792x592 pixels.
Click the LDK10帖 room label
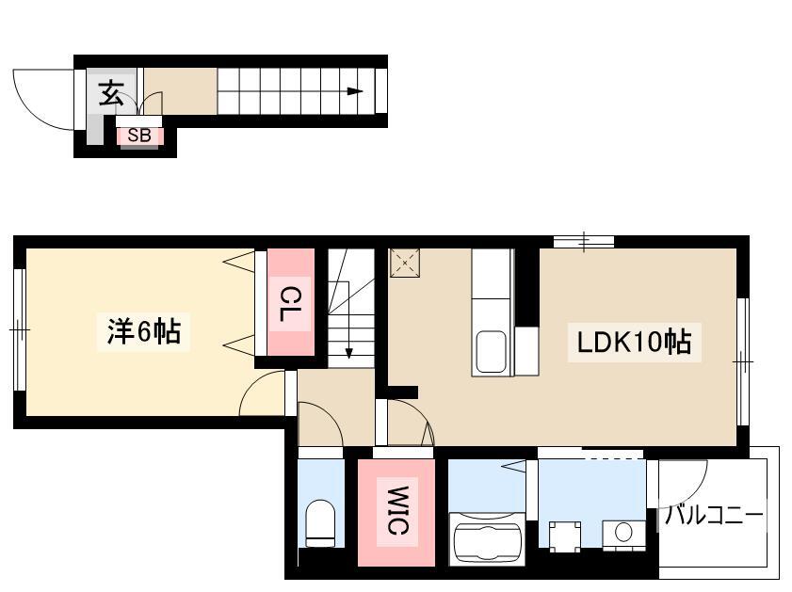634,343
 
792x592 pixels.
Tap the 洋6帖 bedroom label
143,331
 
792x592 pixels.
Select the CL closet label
290,304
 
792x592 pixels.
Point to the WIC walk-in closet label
397,510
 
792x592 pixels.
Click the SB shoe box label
138,136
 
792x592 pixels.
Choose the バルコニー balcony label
713,516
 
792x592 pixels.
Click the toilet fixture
320,523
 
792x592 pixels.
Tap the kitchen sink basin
491,350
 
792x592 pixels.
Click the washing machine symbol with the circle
624,534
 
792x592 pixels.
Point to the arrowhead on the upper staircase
355,91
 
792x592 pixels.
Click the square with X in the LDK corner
405,263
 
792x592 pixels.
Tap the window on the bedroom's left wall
19,329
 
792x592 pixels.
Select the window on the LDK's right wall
742,361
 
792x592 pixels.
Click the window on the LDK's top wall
584,242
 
